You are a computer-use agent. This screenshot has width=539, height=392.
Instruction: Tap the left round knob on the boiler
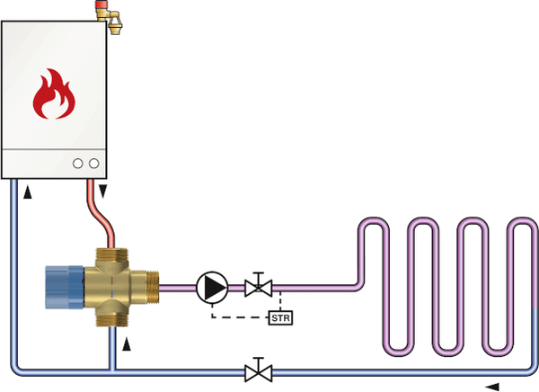click(x=78, y=164)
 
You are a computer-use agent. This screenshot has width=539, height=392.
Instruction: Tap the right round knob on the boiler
click(x=93, y=164)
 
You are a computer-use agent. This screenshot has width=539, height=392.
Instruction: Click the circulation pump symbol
click(x=212, y=288)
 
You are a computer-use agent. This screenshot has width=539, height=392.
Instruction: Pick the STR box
click(x=280, y=316)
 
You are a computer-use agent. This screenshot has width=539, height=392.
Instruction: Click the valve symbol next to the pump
click(x=259, y=288)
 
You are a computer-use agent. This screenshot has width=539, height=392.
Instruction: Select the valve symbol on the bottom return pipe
click(x=259, y=370)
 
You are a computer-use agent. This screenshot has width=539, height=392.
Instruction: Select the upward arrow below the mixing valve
click(x=127, y=343)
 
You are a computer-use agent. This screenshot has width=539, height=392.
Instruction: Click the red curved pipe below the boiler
click(x=96, y=216)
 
